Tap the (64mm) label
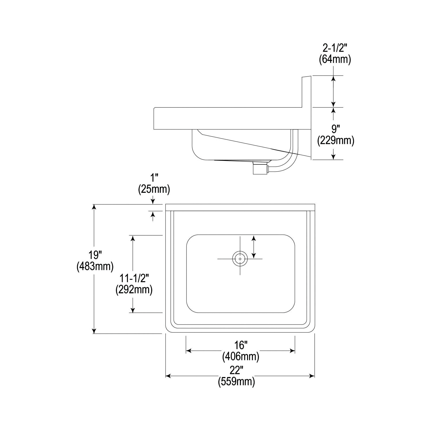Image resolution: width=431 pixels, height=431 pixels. [335, 59]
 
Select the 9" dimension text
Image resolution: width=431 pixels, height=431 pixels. [334, 129]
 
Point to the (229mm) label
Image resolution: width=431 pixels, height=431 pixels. [336, 141]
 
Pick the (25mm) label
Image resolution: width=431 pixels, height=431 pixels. [154, 189]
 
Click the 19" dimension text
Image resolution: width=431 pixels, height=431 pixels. [95, 255]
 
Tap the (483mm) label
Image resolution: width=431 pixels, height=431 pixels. [95, 266]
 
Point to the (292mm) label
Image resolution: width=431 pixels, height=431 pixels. [134, 290]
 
